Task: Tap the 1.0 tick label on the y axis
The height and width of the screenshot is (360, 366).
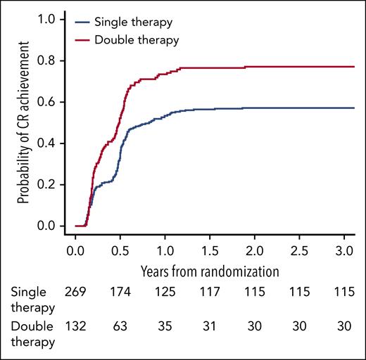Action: tap(57, 20)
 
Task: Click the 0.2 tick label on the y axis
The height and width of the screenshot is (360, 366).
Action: tap(57, 184)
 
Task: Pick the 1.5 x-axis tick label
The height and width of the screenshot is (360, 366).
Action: tap(210, 251)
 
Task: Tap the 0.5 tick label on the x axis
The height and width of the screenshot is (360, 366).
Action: tap(120, 251)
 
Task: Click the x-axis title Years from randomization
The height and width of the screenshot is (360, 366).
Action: tap(210, 270)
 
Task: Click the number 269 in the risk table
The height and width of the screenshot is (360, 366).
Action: tap(76, 291)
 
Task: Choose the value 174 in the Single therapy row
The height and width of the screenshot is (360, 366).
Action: tap(120, 291)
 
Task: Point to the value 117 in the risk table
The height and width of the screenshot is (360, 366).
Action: tap(210, 291)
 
